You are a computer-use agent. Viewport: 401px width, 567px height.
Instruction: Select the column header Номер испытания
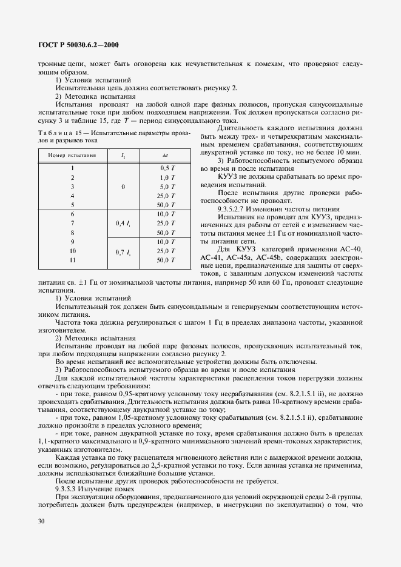[x=69, y=156]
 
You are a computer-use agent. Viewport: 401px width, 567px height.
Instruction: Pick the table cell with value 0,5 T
[x=167, y=167]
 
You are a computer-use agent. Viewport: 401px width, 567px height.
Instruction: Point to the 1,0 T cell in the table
[x=167, y=177]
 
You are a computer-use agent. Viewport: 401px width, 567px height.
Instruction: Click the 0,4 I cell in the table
[x=123, y=224]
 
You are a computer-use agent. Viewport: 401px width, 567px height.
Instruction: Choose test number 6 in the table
[x=72, y=214]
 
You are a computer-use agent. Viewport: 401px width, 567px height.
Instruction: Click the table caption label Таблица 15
[x=62, y=133]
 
